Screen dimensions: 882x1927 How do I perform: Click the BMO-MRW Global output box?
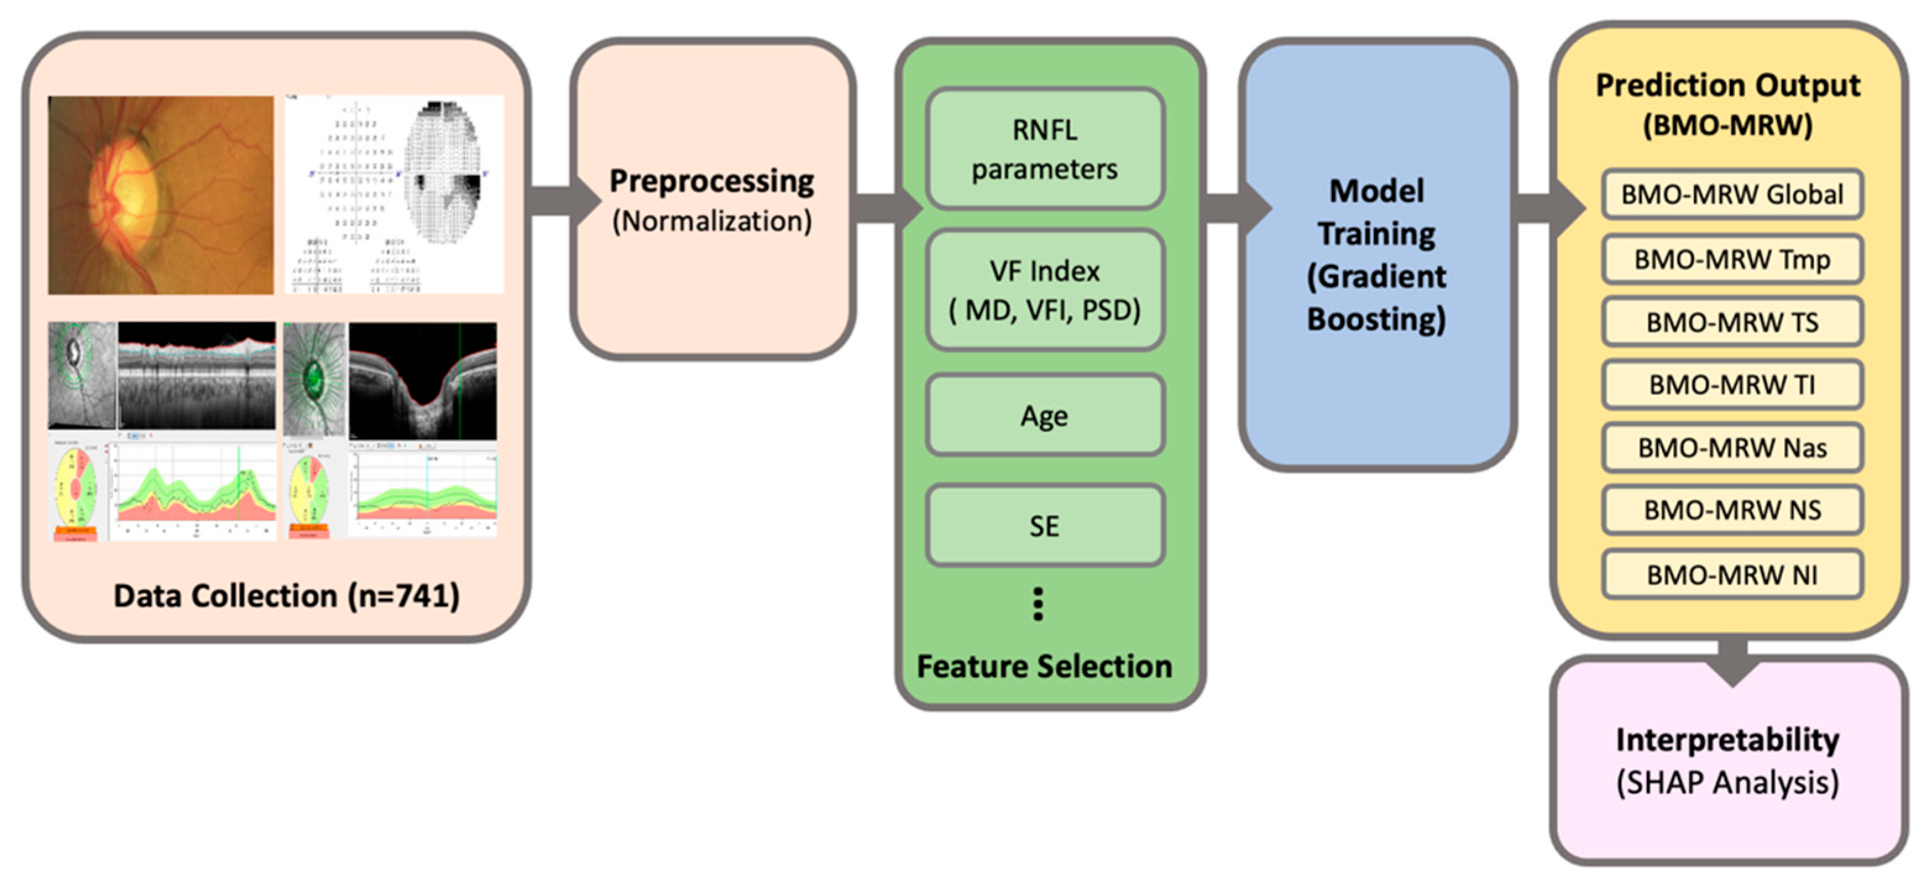tap(1731, 195)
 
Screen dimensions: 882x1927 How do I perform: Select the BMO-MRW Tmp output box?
tap(1731, 260)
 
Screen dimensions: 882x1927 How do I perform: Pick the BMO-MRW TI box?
tap(1731, 385)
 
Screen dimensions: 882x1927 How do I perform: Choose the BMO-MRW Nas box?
tap(1731, 448)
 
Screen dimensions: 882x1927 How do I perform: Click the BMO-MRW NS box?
tap(1731, 510)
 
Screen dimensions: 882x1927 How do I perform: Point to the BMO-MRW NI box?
tap(1731, 575)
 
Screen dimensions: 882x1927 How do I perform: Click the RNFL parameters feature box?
tap(1044, 149)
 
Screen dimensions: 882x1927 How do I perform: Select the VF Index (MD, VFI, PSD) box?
tap(1044, 290)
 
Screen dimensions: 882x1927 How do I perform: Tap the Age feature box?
tap(1044, 416)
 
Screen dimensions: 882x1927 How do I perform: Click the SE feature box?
tap(1044, 526)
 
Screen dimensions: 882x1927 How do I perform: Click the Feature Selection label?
tap(1044, 666)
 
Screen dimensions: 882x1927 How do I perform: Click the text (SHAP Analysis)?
tap(1727, 782)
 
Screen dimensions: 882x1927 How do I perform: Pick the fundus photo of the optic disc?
tap(161, 195)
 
